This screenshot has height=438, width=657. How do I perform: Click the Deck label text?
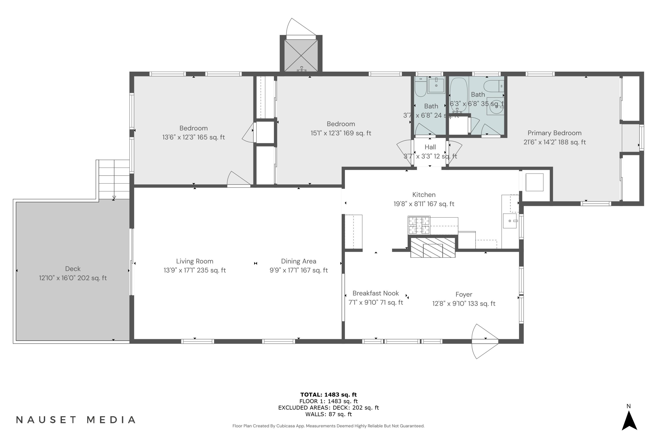[x=73, y=269]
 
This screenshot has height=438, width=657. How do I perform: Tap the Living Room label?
[x=194, y=261]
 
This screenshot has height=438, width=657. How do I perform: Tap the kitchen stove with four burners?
[x=419, y=225]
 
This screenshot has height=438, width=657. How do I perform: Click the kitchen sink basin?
[x=510, y=221]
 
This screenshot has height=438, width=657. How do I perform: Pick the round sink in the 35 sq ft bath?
[x=496, y=106]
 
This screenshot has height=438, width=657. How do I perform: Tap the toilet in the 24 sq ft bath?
[x=420, y=87]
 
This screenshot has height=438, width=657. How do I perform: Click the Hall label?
[x=430, y=147]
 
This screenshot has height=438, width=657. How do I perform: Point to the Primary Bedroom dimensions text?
[x=555, y=142]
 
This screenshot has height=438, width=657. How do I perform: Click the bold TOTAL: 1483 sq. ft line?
[x=328, y=395]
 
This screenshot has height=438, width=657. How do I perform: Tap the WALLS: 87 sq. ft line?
[x=328, y=414]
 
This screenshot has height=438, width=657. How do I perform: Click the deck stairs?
[x=114, y=179]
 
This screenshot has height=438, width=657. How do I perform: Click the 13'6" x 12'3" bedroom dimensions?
[x=193, y=137]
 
